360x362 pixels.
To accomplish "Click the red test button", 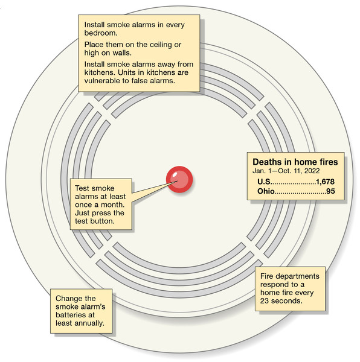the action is pyautogui.click(x=179, y=179).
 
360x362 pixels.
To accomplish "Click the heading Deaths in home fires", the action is pyautogui.click(x=295, y=162).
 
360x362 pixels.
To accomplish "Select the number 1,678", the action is pyautogui.click(x=325, y=182).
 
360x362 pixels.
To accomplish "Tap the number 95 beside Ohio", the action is pyautogui.click(x=330, y=191).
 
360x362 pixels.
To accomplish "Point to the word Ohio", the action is pyautogui.click(x=266, y=191).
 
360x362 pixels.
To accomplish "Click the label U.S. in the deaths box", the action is pyautogui.click(x=265, y=182).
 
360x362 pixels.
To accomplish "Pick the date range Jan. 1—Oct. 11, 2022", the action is pyautogui.click(x=286, y=171).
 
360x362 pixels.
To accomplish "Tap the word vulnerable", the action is pyautogui.click(x=101, y=81).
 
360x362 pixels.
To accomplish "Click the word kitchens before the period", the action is pyautogui.click(x=100, y=72).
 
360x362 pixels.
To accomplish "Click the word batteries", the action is pyautogui.click(x=69, y=315).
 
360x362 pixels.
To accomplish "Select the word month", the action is pyautogui.click(x=112, y=205).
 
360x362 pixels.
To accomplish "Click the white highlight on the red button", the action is pyautogui.click(x=175, y=174).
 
